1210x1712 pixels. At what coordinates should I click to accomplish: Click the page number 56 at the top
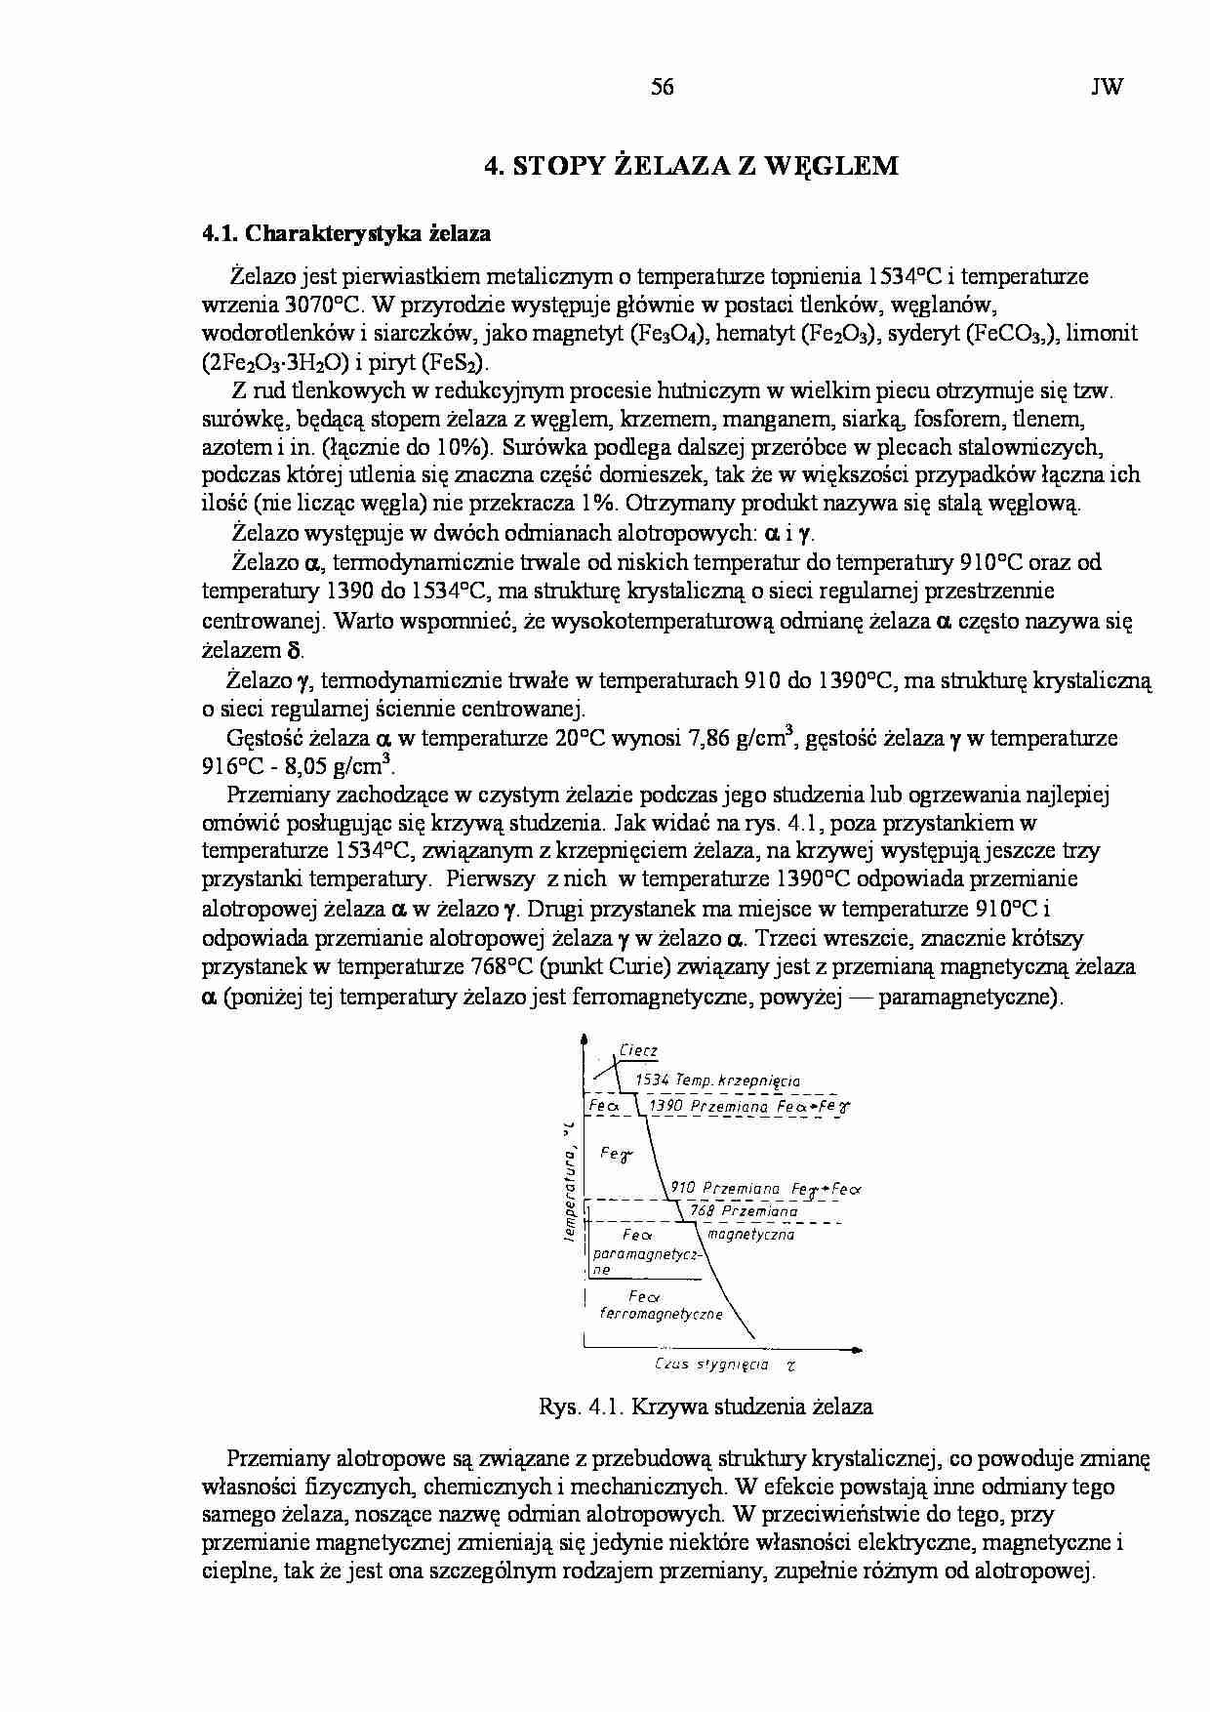click(662, 87)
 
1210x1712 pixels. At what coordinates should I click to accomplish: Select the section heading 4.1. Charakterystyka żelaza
click(346, 234)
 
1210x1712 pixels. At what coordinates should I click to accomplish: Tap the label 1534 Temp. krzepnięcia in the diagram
click(717, 1080)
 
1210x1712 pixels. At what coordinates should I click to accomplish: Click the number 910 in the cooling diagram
click(683, 1189)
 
